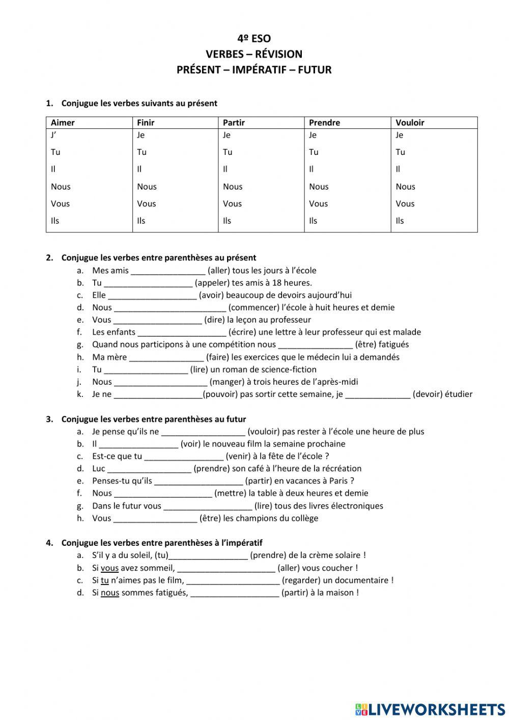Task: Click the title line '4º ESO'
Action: [x=254, y=39]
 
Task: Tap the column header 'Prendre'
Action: [x=324, y=123]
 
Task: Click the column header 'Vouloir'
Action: [x=410, y=123]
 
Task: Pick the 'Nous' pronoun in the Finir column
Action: [x=147, y=186]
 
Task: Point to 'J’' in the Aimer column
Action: [x=53, y=135]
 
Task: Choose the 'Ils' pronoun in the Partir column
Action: [x=227, y=221]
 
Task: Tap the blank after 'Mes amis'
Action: [x=168, y=271]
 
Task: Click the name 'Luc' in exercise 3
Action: [x=99, y=469]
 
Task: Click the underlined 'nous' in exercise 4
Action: [x=110, y=593]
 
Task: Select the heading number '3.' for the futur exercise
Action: [x=49, y=419]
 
